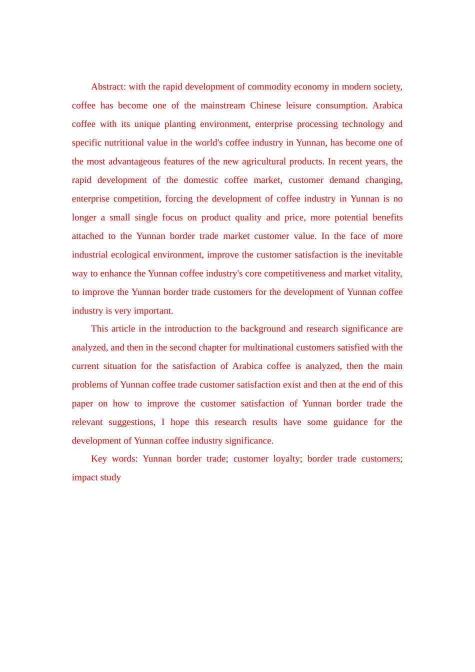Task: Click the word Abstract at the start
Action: pyautogui.click(x=108, y=87)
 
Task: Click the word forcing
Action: pyautogui.click(x=178, y=199)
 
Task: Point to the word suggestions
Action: pyautogui.click(x=132, y=422)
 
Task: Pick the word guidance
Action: pyautogui.click(x=350, y=422)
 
